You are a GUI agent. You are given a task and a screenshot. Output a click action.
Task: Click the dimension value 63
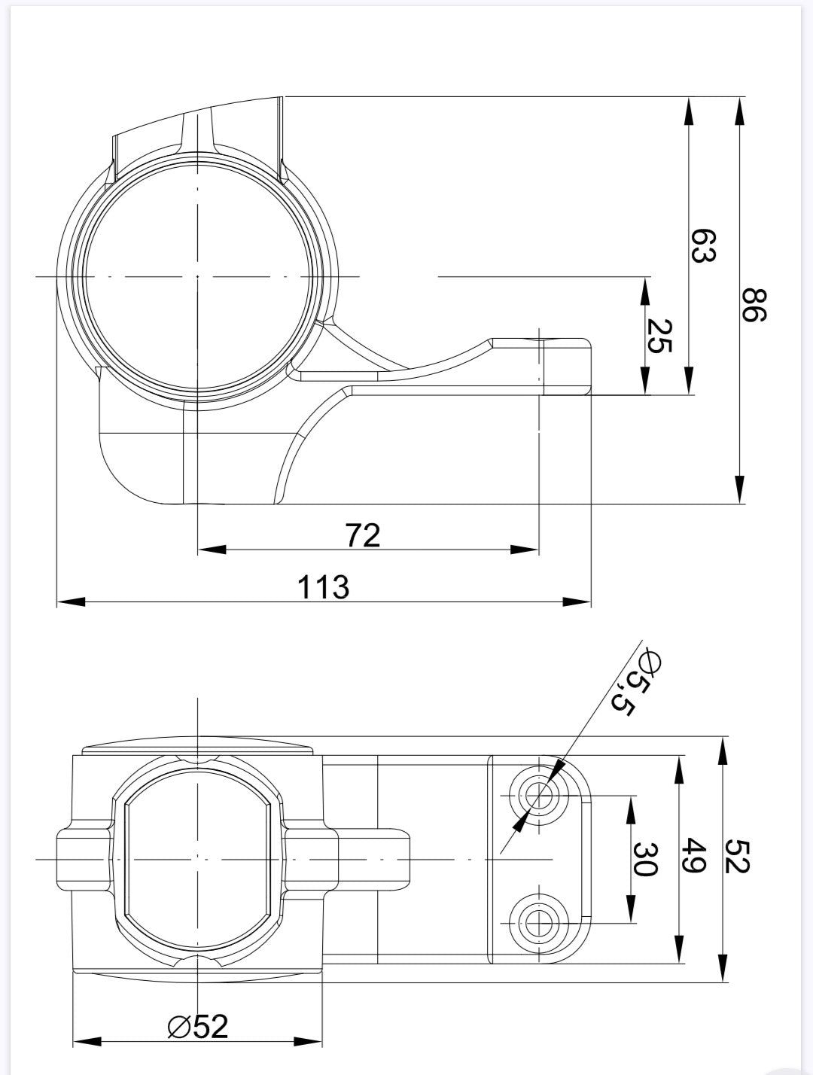[x=703, y=246]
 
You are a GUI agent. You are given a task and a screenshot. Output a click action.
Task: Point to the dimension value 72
[x=363, y=535]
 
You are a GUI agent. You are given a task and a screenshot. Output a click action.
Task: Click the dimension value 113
[x=323, y=586]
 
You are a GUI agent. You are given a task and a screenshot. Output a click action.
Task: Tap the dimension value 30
[x=645, y=859]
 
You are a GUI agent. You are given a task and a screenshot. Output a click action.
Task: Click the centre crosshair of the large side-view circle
[x=197, y=277]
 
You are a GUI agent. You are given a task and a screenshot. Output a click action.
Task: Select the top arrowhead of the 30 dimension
[x=629, y=806]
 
